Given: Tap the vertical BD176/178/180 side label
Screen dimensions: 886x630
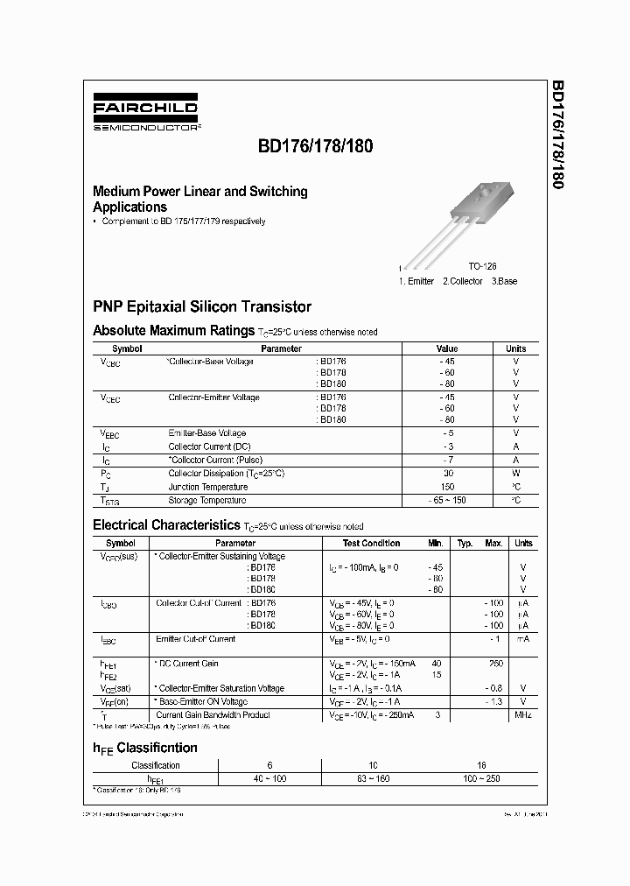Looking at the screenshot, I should tap(557, 135).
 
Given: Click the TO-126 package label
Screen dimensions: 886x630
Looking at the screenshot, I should tap(482, 266).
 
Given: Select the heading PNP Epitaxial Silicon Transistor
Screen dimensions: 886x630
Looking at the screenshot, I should tap(202, 307).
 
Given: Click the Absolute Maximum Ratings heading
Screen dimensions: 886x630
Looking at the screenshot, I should tap(173, 331).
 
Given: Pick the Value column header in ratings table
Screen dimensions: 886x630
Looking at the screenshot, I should tap(446, 348).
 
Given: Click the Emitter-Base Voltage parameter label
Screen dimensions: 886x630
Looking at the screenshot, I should tap(206, 433).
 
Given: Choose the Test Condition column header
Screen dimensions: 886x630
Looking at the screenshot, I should tap(371, 543).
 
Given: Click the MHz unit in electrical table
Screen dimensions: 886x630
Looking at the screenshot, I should tap(522, 715).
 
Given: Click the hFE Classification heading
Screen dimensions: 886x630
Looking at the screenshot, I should tap(145, 748).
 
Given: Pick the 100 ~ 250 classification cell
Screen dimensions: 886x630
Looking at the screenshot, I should tap(481, 778).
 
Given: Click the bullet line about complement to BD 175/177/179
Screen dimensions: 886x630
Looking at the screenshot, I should tap(183, 221).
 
